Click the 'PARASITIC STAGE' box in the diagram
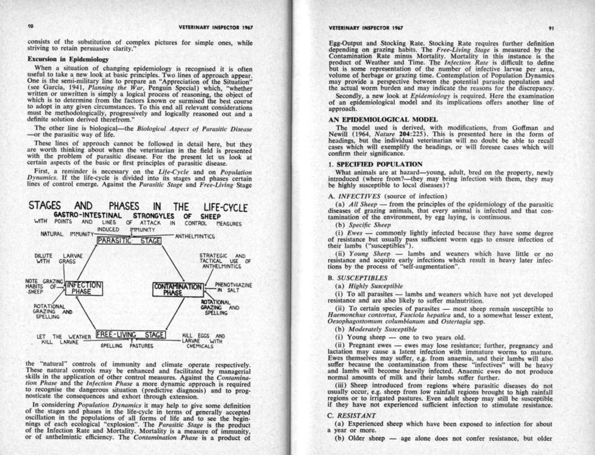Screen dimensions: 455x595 pyautogui.click(x=126, y=241)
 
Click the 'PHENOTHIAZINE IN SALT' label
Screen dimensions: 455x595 pyautogui.click(x=233, y=288)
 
